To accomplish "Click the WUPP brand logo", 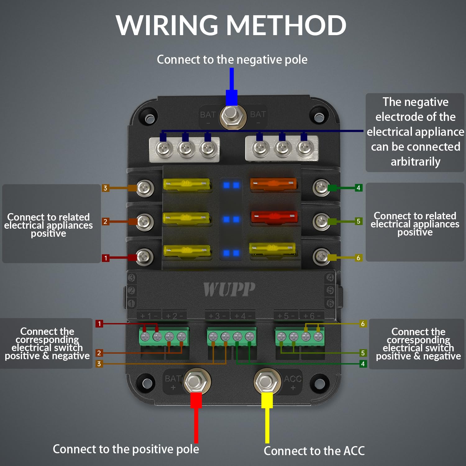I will pos(229,289).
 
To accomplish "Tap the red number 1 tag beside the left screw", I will pos(106,258).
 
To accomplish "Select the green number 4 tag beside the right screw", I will pos(358,188).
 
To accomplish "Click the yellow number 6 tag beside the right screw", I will pos(358,258).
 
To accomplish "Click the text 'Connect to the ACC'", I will pos(314,451).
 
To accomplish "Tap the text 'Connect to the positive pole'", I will pos(126,449).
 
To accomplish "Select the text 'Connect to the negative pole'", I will pos(232,59).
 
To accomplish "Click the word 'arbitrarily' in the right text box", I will pos(415,162).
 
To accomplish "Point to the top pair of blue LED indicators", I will pos(231,185).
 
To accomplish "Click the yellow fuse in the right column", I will pos(272,248).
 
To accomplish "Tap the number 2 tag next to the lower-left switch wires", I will pos(99,353).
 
